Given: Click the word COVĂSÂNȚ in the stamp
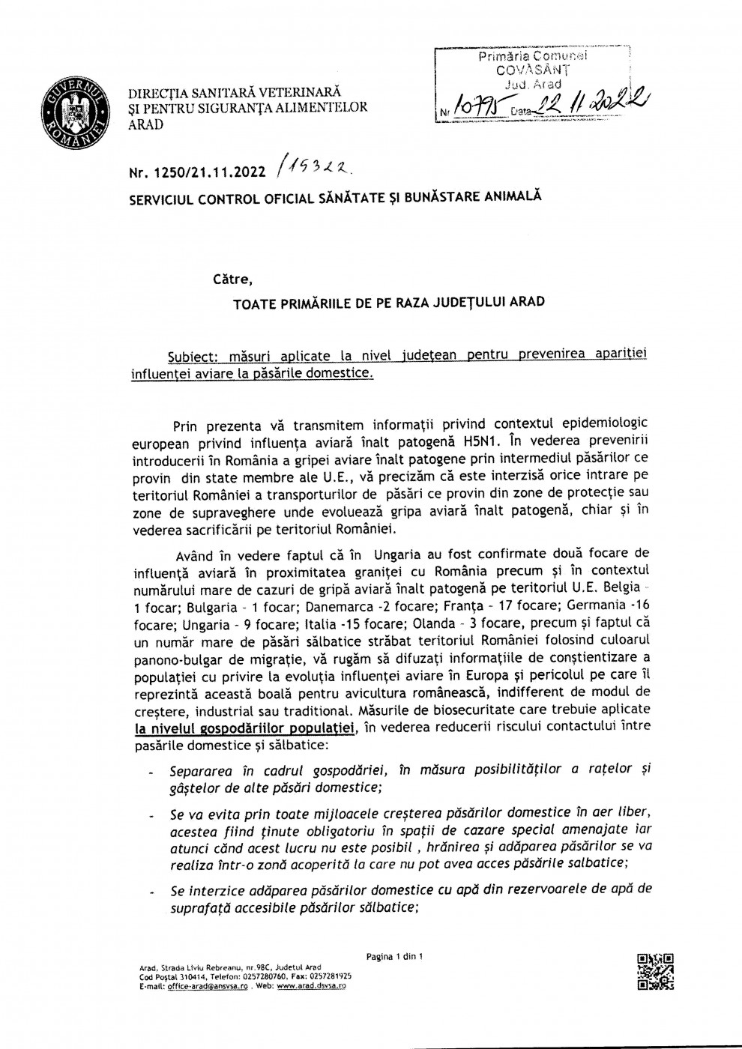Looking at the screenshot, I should coord(533,70).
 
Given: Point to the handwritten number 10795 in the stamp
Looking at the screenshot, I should coord(479,109).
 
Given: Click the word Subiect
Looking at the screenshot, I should coord(193,354).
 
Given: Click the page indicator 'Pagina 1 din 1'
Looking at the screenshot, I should coord(395,957).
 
